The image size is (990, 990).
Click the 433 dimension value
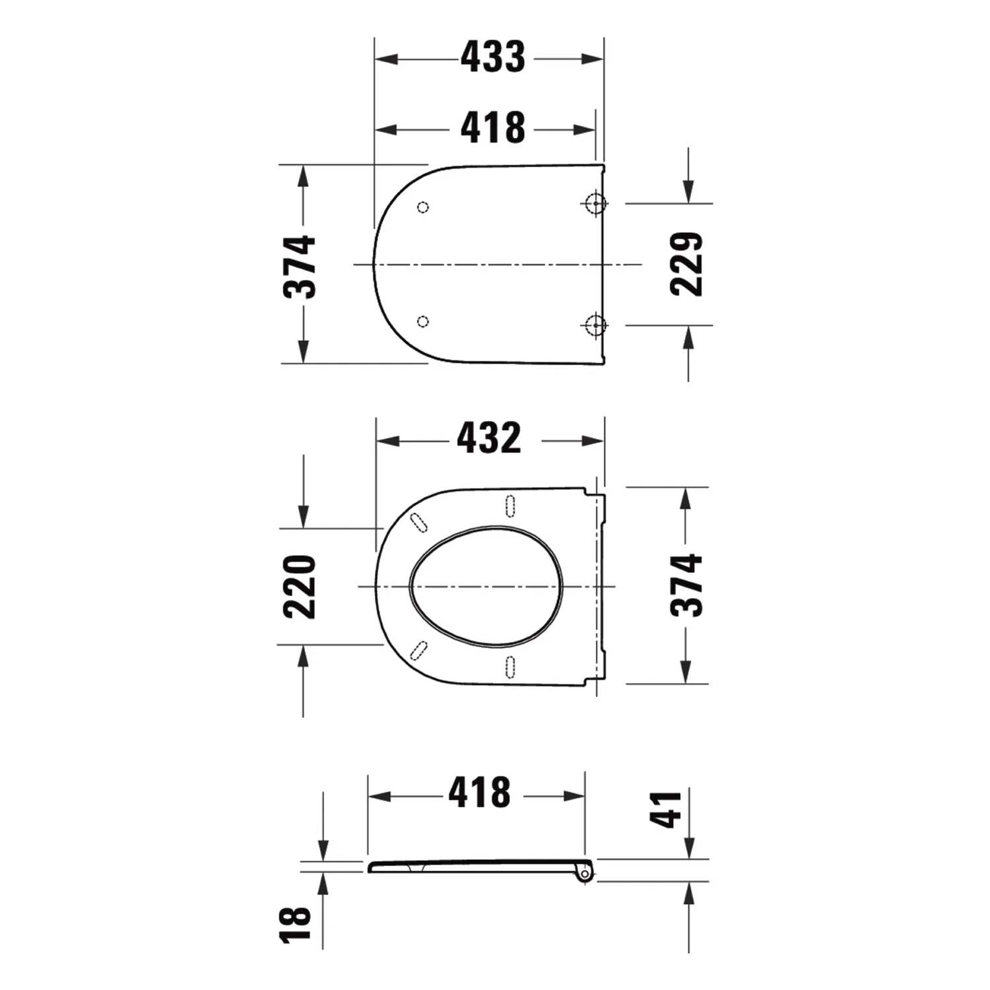tap(493, 57)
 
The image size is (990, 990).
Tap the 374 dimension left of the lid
tap(300, 266)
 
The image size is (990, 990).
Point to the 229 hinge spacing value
tap(686, 264)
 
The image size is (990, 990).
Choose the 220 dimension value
tap(300, 587)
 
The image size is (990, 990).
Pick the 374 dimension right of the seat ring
tap(686, 585)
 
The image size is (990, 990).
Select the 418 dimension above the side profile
tap(480, 792)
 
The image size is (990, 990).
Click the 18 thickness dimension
tap(295, 923)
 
